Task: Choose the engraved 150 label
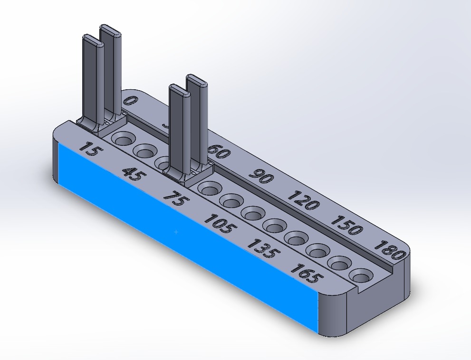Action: (x=347, y=225)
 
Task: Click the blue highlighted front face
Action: (x=190, y=247)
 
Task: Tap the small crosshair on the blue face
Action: (x=176, y=232)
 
